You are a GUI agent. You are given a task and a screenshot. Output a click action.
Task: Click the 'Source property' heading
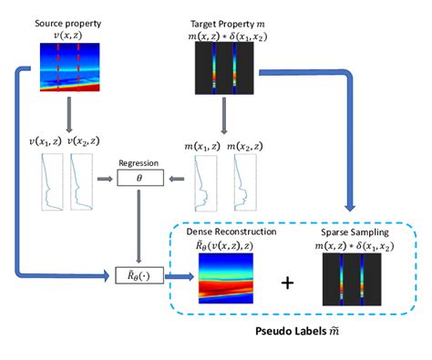(x=67, y=20)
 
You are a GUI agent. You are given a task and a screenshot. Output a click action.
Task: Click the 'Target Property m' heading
(x=221, y=20)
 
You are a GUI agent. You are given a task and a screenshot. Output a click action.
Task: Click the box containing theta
(x=139, y=180)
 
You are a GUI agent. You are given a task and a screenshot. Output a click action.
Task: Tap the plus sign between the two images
(x=288, y=282)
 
